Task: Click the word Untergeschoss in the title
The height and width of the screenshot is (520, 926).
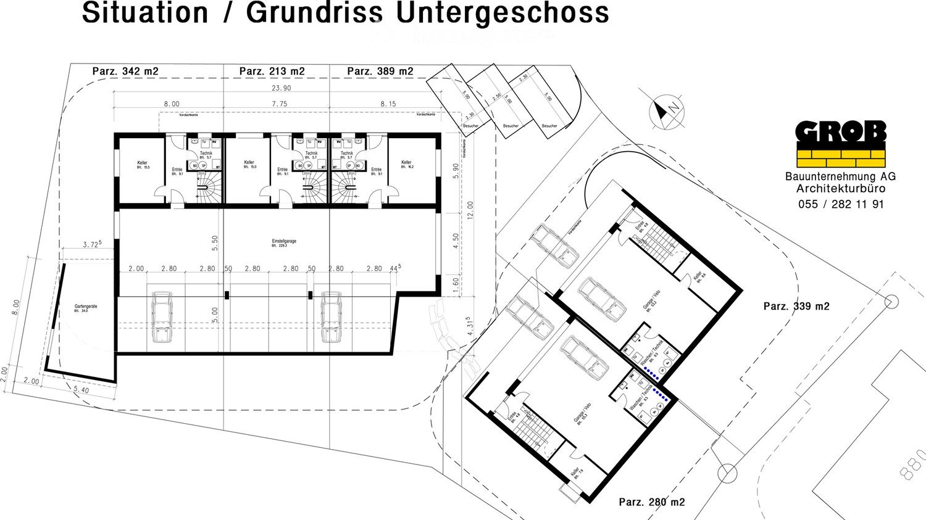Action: (x=503, y=12)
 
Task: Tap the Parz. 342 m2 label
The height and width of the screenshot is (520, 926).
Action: (x=125, y=72)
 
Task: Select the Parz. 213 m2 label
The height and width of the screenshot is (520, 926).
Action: (x=272, y=72)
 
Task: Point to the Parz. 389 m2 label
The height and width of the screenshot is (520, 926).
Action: (x=380, y=72)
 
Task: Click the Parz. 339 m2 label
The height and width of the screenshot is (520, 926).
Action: (x=796, y=307)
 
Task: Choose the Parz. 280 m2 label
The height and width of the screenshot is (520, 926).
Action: (x=652, y=502)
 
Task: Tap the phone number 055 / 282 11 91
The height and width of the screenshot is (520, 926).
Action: (x=841, y=204)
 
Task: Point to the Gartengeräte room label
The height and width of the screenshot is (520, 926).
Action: (x=86, y=307)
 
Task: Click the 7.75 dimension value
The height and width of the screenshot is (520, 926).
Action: (x=280, y=104)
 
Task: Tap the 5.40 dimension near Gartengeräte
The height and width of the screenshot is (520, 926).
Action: (x=81, y=390)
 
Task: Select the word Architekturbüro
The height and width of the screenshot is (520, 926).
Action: (x=841, y=189)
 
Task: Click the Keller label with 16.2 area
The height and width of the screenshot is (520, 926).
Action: (x=406, y=164)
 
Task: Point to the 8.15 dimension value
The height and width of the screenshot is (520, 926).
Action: (x=388, y=104)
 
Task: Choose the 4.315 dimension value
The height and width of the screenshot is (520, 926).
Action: (x=470, y=325)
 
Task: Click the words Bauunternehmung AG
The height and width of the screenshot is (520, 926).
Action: (x=841, y=176)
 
